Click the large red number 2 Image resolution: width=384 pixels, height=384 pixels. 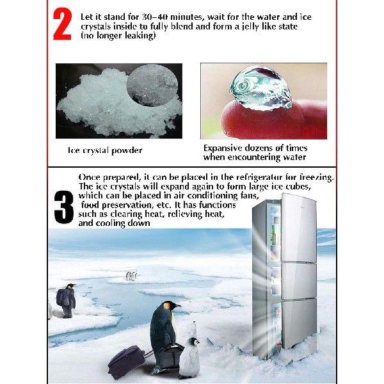tap(62, 25)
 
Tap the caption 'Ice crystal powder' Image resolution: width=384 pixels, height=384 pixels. tap(105, 150)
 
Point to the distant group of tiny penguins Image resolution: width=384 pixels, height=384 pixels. tap(132, 276)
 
